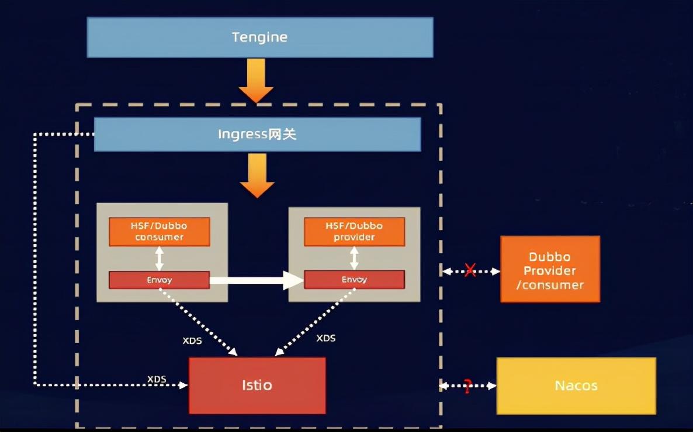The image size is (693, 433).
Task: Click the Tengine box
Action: tap(260, 37)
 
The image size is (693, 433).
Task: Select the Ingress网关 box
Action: tap(257, 135)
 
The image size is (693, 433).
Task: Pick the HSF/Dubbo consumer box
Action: tap(159, 231)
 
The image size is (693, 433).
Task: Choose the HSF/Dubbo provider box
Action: tap(354, 231)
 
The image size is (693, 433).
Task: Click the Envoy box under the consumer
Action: tap(159, 280)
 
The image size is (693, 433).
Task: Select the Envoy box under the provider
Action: tap(354, 280)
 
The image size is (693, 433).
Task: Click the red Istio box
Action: tap(257, 386)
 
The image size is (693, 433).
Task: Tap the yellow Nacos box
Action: tap(576, 386)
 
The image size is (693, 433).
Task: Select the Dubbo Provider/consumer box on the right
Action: tap(550, 270)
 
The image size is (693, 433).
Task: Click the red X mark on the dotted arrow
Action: tap(470, 271)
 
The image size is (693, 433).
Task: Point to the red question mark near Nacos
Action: tap(467, 386)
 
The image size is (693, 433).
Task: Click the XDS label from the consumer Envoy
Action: tap(192, 341)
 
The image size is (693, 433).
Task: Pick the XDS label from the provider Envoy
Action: tap(325, 338)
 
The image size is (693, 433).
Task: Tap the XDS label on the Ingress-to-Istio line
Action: tap(157, 379)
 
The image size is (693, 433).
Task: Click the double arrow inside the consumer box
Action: tap(159, 258)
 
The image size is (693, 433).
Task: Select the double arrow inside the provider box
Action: tap(354, 258)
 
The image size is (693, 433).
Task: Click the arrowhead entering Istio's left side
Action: tap(183, 385)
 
